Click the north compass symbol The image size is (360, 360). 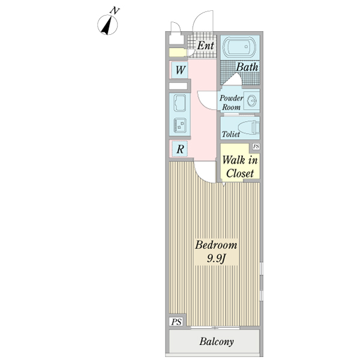(x=107, y=25)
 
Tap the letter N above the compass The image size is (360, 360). (x=115, y=11)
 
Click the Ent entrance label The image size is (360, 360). (x=205, y=46)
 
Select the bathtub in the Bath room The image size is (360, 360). (x=239, y=47)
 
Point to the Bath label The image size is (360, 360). (x=247, y=67)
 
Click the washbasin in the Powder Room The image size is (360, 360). (x=251, y=100)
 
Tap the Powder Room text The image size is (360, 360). (x=231, y=103)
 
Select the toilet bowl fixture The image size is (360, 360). (x=248, y=127)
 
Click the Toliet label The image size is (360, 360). (x=230, y=134)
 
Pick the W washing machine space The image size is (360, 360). (x=180, y=70)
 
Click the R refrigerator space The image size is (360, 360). (x=180, y=149)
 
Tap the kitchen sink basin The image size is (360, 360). (x=180, y=103)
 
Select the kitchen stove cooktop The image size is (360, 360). (x=180, y=125)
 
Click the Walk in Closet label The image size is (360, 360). (x=239, y=167)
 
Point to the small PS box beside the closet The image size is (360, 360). (x=256, y=146)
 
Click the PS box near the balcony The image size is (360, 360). (x=176, y=322)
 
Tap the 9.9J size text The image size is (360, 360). (x=216, y=259)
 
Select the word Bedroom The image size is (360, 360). (x=216, y=245)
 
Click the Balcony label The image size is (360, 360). (x=217, y=341)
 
